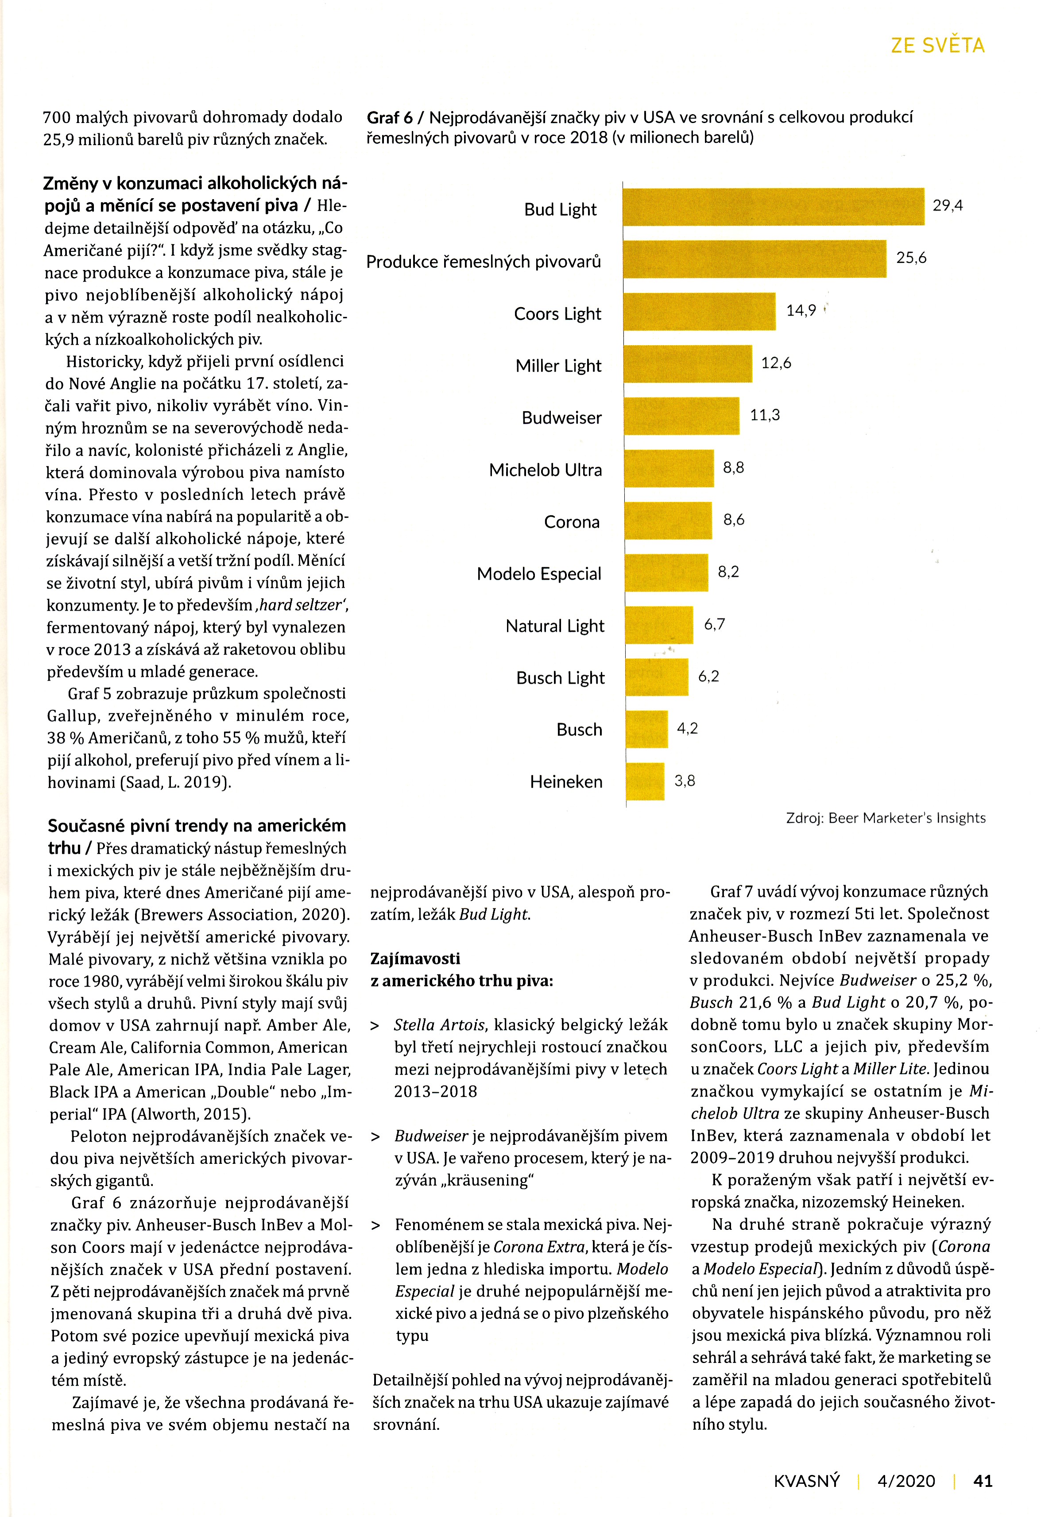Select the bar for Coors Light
[x=700, y=312]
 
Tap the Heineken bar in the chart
[x=645, y=782]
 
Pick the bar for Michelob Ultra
[x=669, y=468]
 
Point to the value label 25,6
[x=911, y=258]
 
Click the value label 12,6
[x=776, y=363]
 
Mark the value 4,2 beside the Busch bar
[x=687, y=728]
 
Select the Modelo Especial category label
[x=539, y=574]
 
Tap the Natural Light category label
[x=555, y=627]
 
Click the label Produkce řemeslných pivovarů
[x=483, y=262]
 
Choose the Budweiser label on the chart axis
[x=561, y=418]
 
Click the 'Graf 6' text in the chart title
[x=390, y=118]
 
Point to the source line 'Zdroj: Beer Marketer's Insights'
[x=886, y=818]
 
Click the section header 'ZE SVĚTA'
[x=938, y=45]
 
